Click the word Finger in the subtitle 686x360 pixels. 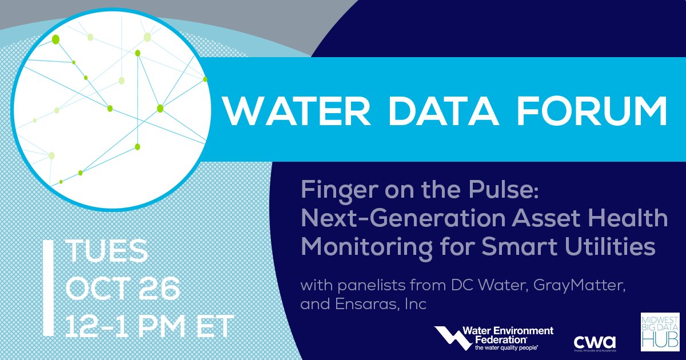[334, 191]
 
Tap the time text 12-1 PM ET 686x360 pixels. [149, 326]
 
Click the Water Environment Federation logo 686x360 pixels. [493, 338]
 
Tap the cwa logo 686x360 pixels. [594, 342]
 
